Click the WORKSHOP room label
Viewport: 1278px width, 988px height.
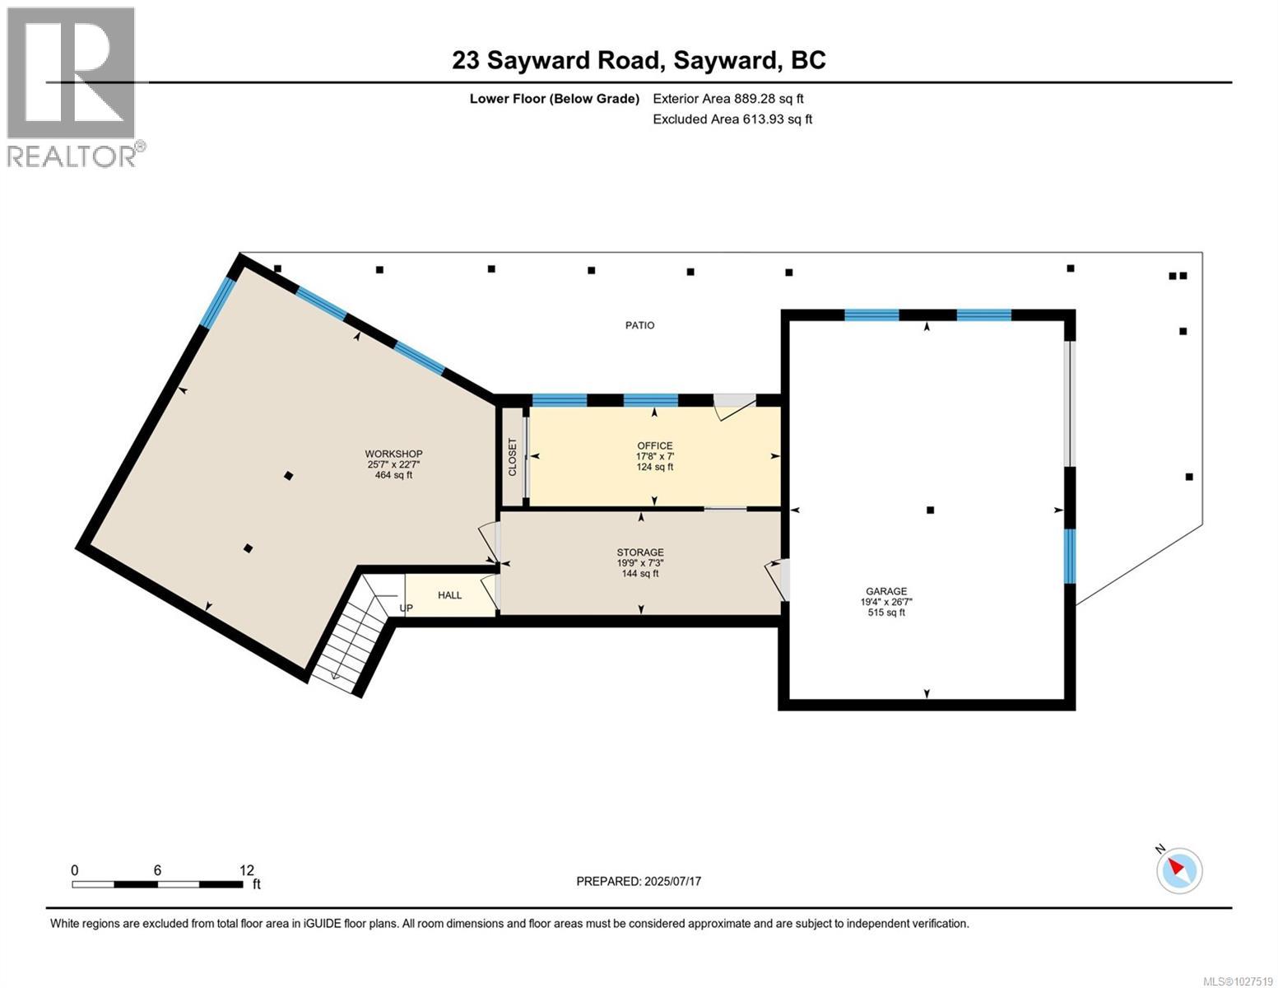393,454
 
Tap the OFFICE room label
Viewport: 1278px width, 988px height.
654,445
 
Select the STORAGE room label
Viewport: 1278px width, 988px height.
640,552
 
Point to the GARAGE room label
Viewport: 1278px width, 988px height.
885,591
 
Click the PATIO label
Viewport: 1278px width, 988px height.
639,325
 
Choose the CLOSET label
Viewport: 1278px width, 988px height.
513,457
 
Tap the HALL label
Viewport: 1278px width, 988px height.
449,595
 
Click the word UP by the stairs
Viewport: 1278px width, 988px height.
406,608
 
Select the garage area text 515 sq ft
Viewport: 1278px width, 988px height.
885,613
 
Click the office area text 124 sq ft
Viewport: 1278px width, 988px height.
654,467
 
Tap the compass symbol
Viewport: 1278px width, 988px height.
1179,869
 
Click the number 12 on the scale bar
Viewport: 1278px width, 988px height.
246,870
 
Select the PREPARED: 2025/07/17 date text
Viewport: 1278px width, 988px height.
639,881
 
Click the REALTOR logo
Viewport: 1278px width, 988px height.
72,86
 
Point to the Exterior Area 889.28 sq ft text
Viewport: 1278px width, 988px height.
727,99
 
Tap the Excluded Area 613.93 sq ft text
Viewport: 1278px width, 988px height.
732,119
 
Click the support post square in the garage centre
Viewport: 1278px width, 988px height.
930,510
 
